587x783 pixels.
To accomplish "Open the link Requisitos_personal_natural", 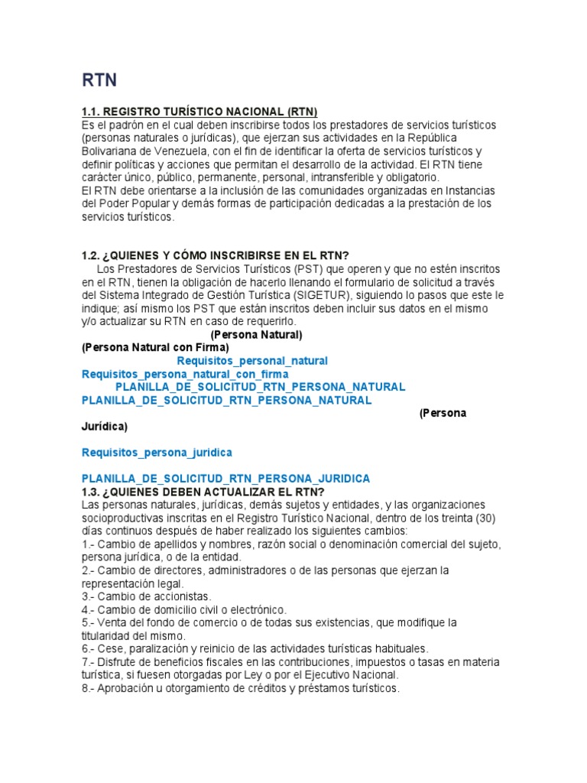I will click(252, 360).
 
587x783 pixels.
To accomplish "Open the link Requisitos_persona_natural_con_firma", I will click(185, 374).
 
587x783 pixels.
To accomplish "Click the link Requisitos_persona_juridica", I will click(157, 453).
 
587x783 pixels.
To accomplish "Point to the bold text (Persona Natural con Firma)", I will click(155, 347).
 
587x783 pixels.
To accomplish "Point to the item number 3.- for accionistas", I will click(89, 596).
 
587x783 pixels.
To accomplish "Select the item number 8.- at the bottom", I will click(89, 688).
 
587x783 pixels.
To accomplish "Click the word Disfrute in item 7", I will click(118, 661).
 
